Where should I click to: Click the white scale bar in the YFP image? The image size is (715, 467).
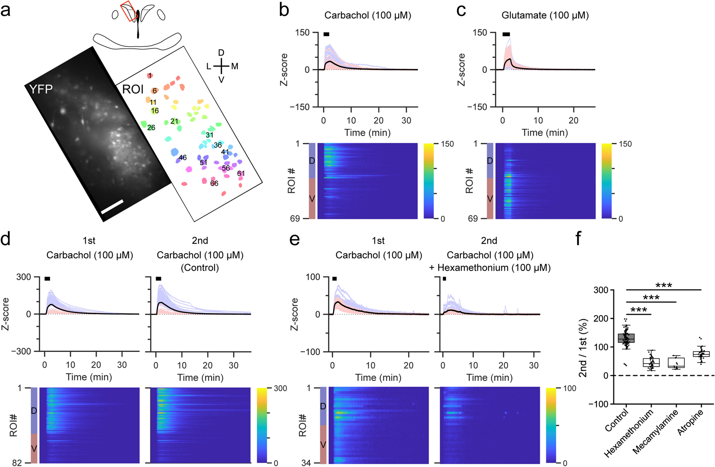click(x=112, y=207)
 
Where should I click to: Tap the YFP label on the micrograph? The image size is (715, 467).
click(x=41, y=89)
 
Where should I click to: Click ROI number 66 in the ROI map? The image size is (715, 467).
click(x=214, y=183)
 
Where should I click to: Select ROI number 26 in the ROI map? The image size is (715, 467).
click(x=151, y=128)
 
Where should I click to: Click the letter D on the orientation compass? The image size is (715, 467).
click(x=221, y=53)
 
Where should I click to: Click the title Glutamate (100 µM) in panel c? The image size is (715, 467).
click(x=545, y=15)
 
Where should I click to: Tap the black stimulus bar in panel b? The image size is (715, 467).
click(x=326, y=34)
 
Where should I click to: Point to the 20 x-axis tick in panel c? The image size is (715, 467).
click(x=573, y=120)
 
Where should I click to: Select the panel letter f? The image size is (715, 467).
click(x=578, y=239)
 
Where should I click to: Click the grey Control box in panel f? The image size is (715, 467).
click(x=626, y=338)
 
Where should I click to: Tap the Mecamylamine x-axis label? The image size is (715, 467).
click(x=656, y=432)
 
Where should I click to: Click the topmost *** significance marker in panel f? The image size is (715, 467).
click(x=663, y=286)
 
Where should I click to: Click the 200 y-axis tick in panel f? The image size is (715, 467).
click(x=601, y=318)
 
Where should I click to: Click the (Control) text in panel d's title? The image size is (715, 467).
click(x=200, y=268)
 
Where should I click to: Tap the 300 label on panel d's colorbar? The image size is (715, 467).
click(x=280, y=388)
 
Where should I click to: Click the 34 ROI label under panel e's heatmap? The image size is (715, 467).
click(x=306, y=463)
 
